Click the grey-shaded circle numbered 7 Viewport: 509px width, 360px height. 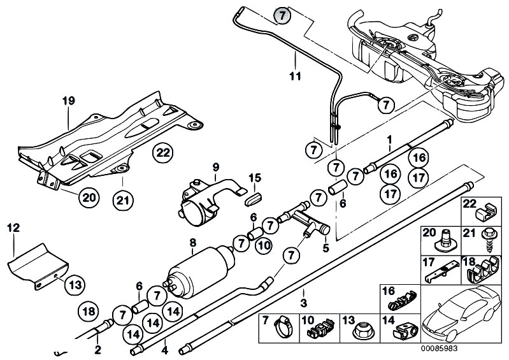pyautogui.click(x=282, y=15)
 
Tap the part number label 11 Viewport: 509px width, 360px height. pyautogui.click(x=295, y=76)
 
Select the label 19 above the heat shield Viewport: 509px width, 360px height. pyautogui.click(x=69, y=101)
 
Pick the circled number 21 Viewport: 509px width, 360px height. pyautogui.click(x=123, y=200)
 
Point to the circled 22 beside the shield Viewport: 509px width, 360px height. pyautogui.click(x=163, y=152)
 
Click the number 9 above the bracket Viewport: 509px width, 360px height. pyautogui.click(x=216, y=167)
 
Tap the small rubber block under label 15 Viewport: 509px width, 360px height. pyautogui.click(x=253, y=198)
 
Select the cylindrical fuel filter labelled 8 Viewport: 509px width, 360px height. pyautogui.click(x=202, y=273)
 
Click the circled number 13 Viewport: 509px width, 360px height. pyautogui.click(x=75, y=285)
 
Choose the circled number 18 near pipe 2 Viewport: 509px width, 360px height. pyautogui.click(x=89, y=312)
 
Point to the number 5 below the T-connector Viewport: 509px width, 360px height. pyautogui.click(x=326, y=248)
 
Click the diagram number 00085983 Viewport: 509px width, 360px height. pyautogui.click(x=440, y=349)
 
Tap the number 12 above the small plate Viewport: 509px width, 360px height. pyautogui.click(x=13, y=228)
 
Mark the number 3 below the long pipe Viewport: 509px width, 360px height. pyautogui.click(x=303, y=303)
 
